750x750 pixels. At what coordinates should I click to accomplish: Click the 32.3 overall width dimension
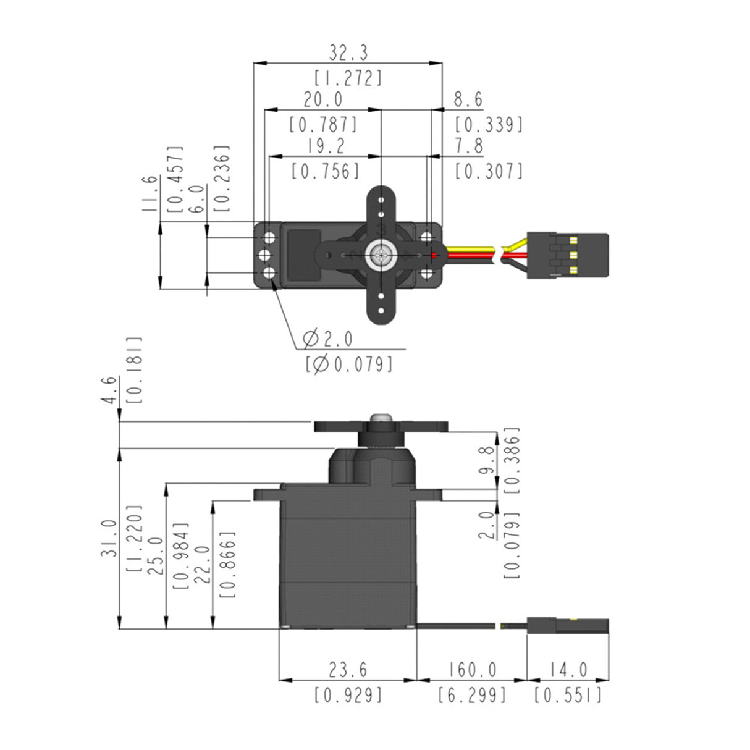348,53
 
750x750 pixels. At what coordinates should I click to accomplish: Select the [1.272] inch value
348,78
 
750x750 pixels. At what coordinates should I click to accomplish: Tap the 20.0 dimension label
322,99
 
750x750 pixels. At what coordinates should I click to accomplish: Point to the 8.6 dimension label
468,99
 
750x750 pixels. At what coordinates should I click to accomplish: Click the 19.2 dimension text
326,146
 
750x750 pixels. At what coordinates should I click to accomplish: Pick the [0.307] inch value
489,171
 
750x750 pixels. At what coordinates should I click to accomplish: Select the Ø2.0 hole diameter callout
328,339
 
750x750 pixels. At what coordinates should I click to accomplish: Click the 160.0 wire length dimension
472,670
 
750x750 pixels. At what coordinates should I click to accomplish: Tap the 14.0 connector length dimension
568,670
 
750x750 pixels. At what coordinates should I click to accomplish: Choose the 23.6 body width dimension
348,670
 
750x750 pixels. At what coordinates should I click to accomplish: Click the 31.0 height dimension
109,538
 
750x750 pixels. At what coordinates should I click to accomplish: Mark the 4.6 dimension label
109,390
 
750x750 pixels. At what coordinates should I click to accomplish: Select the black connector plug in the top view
567,255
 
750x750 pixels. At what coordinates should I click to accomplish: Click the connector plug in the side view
567,626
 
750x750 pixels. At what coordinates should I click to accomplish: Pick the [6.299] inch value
472,695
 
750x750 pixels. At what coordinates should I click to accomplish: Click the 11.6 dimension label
149,193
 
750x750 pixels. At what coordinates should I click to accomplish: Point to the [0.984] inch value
181,555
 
